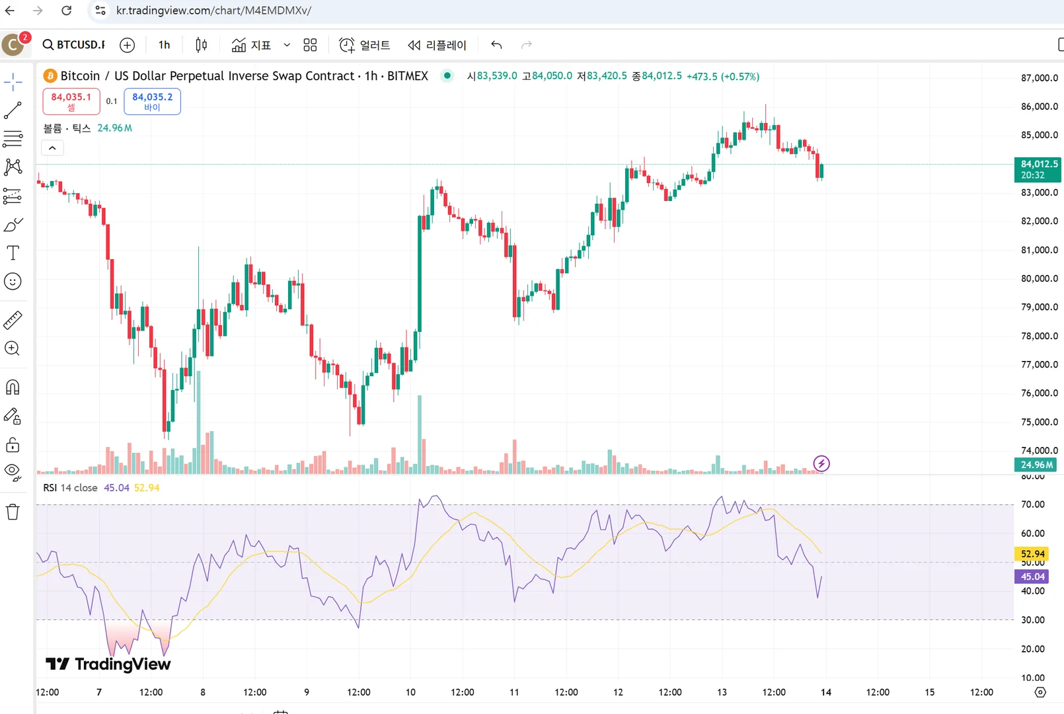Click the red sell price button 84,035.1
(71, 101)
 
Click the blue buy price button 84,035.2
(152, 101)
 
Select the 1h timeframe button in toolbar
(164, 45)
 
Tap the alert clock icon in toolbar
(347, 45)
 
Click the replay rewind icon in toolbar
(414, 45)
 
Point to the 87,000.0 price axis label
(1039, 78)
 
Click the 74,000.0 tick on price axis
(1039, 450)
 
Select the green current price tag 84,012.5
(1038, 169)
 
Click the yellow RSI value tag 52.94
(1032, 554)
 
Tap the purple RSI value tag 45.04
(1032, 576)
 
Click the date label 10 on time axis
(410, 692)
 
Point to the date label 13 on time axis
(722, 692)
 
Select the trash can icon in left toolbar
(13, 512)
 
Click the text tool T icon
(13, 253)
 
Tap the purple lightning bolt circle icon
(821, 463)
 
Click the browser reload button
(66, 11)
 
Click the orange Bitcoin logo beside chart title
(50, 76)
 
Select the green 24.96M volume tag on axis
(1036, 465)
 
